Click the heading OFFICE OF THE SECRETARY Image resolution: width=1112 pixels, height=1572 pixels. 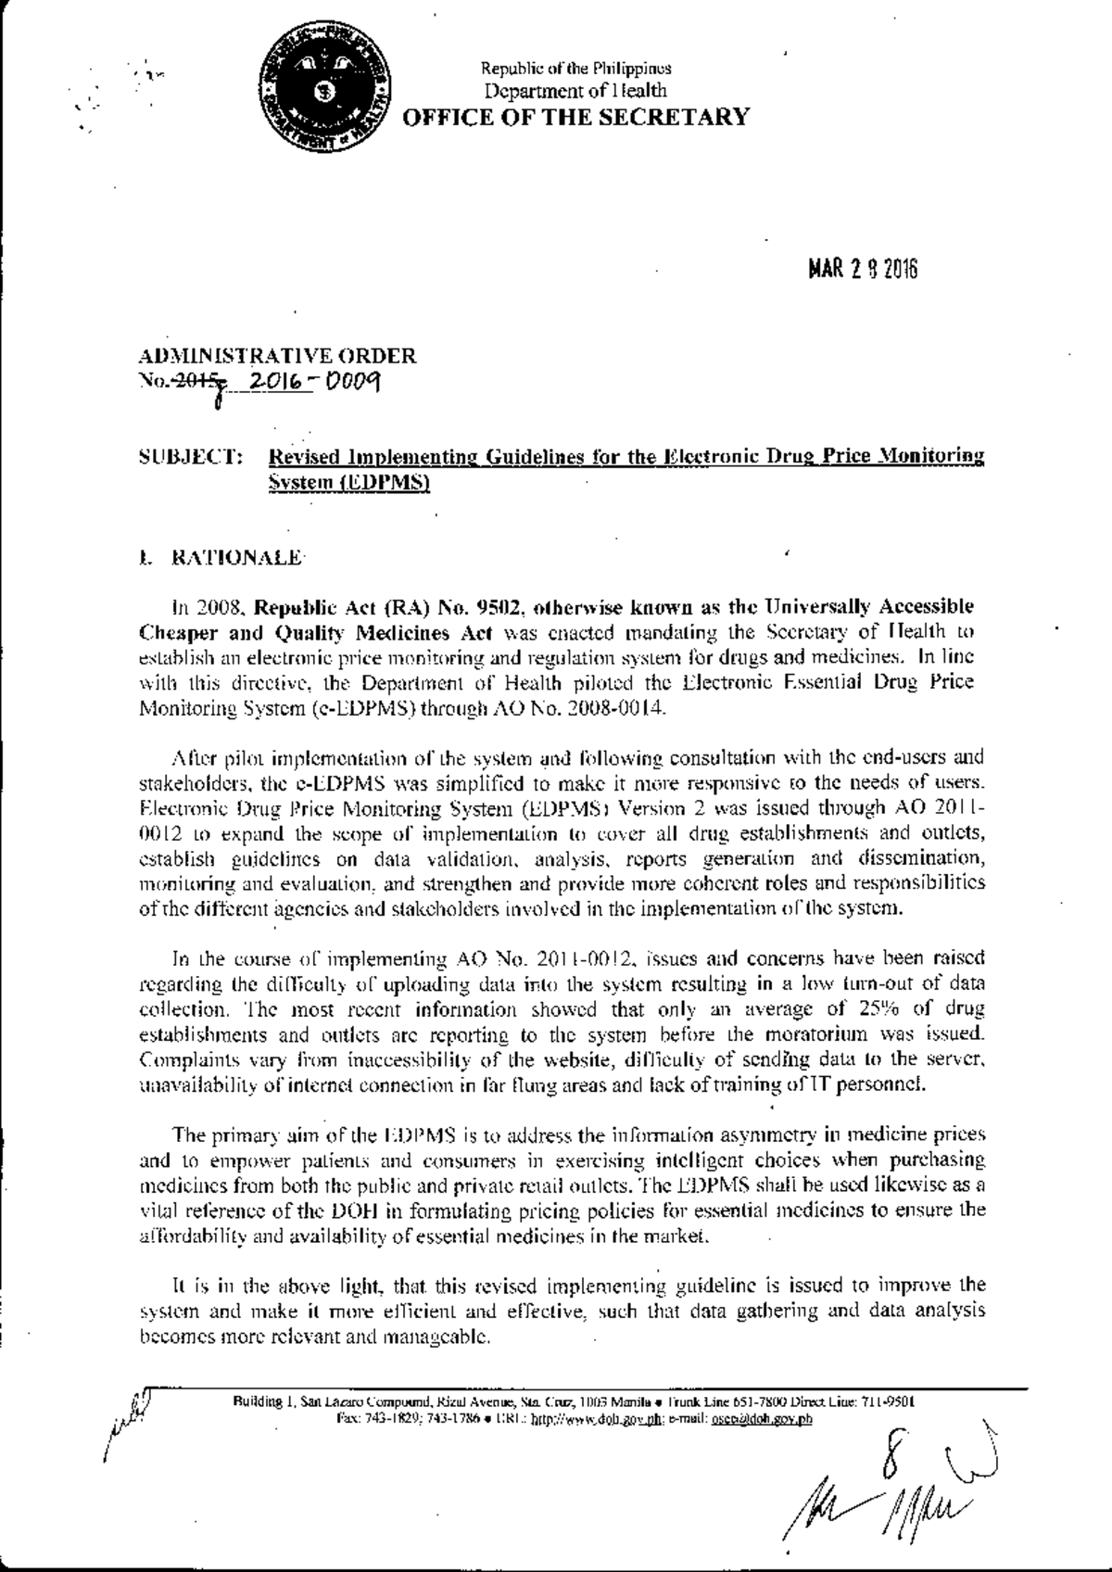[x=574, y=116]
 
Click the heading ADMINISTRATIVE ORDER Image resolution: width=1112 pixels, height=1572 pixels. [x=277, y=356]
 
